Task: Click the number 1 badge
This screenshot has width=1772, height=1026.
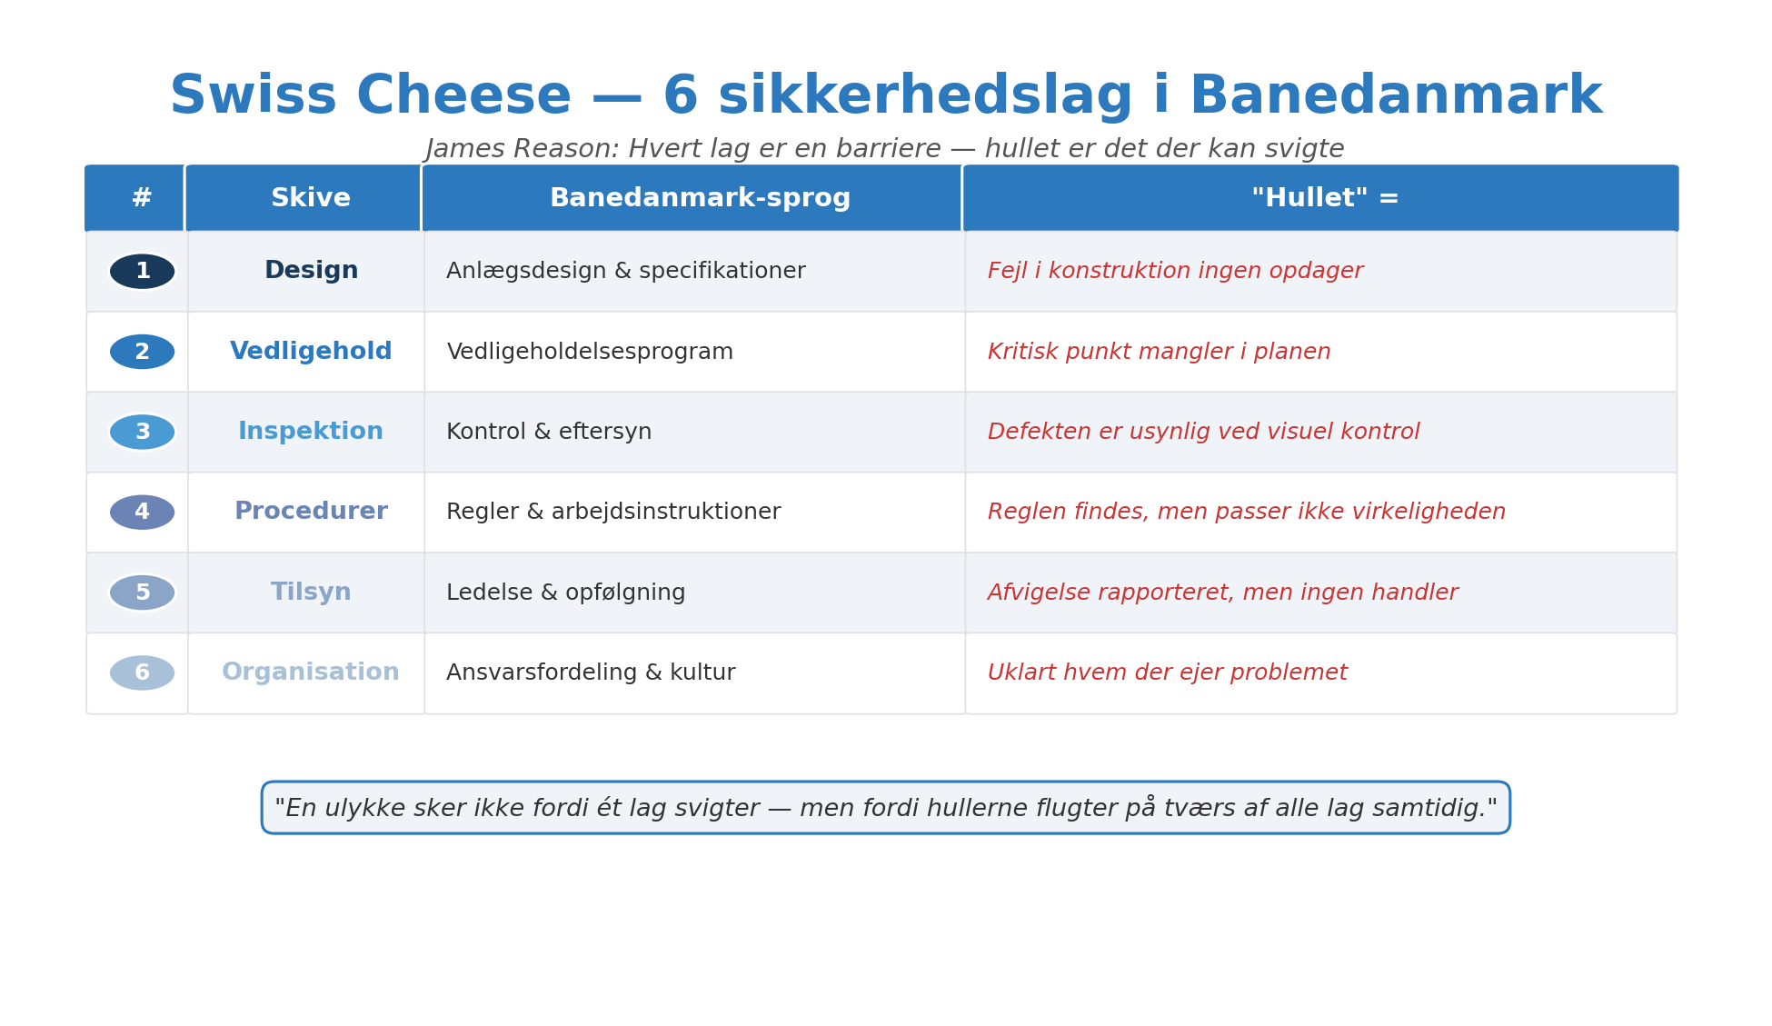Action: pos(143,272)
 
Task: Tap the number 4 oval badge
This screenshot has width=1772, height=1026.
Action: pos(143,513)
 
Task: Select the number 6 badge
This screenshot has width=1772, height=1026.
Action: pos(143,673)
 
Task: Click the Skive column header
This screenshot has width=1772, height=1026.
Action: pos(311,198)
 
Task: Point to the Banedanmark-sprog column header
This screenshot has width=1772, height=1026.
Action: pos(700,198)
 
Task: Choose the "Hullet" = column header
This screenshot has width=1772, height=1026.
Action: pos(1324,198)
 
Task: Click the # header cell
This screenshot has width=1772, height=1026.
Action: pos(142,198)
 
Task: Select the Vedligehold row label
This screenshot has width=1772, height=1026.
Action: pos(311,352)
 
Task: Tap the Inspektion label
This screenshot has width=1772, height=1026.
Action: pos(311,432)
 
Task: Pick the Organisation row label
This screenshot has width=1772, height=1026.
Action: pos(311,672)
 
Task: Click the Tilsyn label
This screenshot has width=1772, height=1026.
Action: pos(311,593)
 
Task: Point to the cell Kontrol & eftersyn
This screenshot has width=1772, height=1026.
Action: pos(549,433)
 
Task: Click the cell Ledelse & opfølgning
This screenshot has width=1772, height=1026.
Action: pos(565,593)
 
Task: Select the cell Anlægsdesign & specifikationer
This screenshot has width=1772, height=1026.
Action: pos(625,272)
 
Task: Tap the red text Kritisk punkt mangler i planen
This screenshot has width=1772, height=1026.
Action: pos(1159,353)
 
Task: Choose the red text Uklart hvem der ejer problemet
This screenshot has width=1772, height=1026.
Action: pos(1167,673)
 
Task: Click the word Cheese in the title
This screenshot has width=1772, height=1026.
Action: pos(463,96)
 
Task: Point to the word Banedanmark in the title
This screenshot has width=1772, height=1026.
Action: pos(1396,96)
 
